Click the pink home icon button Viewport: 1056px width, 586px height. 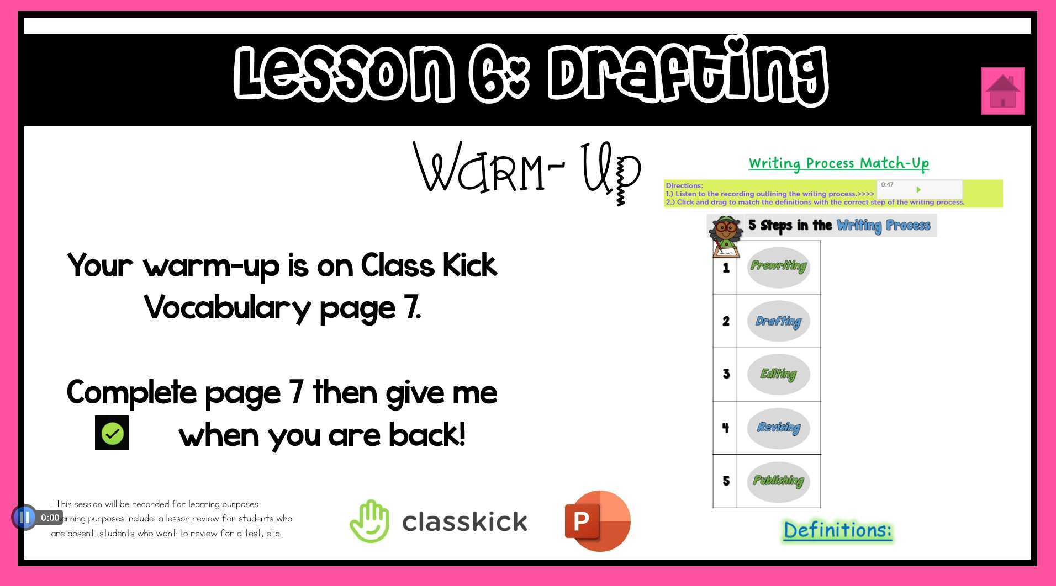point(1002,91)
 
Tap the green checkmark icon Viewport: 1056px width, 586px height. point(112,433)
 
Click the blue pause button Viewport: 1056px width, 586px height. point(24,518)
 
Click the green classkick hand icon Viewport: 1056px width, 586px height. point(369,521)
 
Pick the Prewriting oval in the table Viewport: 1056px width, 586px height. point(778,267)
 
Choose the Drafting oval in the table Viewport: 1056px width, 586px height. point(778,321)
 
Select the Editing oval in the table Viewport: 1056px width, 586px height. point(778,374)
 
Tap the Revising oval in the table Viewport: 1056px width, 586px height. point(778,428)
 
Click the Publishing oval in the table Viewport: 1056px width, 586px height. point(778,481)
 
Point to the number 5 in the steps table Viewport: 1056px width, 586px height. point(726,481)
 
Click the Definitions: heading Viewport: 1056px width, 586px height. point(837,530)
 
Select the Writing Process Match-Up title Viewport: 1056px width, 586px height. point(838,163)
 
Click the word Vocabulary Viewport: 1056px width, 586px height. point(228,308)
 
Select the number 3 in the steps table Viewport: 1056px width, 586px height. point(726,374)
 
